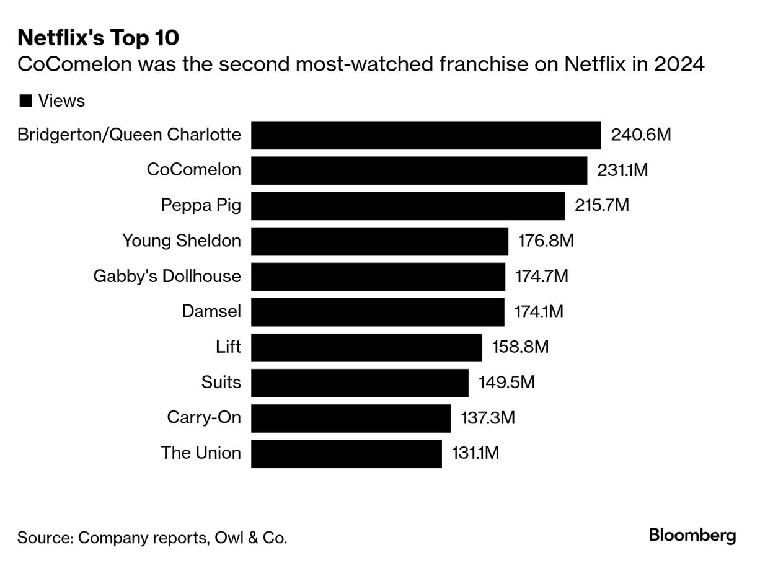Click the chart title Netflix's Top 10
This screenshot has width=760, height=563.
tap(99, 38)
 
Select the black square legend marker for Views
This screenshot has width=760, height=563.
tap(26, 100)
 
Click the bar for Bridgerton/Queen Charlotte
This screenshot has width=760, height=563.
tap(426, 135)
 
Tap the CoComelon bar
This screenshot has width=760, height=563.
tap(419, 171)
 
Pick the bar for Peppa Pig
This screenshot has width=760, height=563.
tap(408, 206)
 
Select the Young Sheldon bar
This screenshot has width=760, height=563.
tap(379, 241)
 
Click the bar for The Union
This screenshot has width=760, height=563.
tap(347, 453)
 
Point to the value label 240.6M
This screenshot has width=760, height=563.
tap(641, 135)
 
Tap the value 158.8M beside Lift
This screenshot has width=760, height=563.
tap(520, 347)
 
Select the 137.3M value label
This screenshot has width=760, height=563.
tap(488, 417)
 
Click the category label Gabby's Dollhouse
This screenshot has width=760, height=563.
tap(167, 276)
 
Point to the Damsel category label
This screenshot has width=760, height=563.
tap(211, 311)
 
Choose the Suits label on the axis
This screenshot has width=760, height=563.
tap(221, 382)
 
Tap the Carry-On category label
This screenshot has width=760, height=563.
tap(204, 417)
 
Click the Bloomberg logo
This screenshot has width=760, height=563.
tap(692, 536)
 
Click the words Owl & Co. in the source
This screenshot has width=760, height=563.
tap(251, 538)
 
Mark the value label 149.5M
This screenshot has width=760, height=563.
tap(506, 382)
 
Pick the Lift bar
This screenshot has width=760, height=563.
tap(366, 347)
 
